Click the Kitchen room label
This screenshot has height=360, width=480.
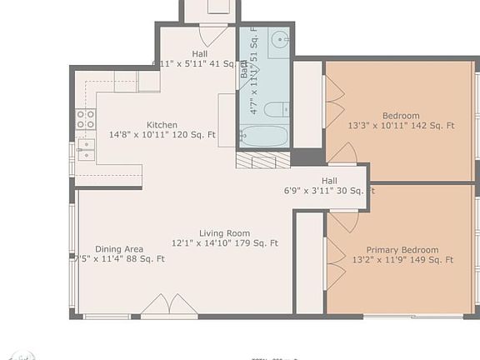162,126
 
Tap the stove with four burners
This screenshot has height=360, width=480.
86,119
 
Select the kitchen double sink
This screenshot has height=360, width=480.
85,149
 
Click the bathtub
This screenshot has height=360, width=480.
263,136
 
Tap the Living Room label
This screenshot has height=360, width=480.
224,233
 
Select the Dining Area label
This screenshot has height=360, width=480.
118,248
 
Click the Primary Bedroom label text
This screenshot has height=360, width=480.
402,250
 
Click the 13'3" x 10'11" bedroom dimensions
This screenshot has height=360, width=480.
402,127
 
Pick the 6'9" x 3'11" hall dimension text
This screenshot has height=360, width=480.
328,191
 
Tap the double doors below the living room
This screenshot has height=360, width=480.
169,306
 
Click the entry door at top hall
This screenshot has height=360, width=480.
213,35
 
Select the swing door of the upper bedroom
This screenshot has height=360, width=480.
342,153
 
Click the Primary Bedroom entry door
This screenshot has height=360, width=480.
343,221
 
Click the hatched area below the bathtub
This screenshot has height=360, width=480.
262,160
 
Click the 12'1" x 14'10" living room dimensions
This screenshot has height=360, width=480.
224,243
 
